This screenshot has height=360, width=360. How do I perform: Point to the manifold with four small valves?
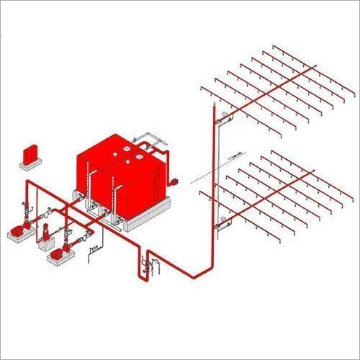(x=94, y=251)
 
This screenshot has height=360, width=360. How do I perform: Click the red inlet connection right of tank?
(x=175, y=183)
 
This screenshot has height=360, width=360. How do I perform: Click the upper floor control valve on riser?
(x=225, y=116)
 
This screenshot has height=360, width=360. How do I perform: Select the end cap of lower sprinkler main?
(x=314, y=171)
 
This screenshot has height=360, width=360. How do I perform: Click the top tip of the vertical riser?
(x=215, y=106)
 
